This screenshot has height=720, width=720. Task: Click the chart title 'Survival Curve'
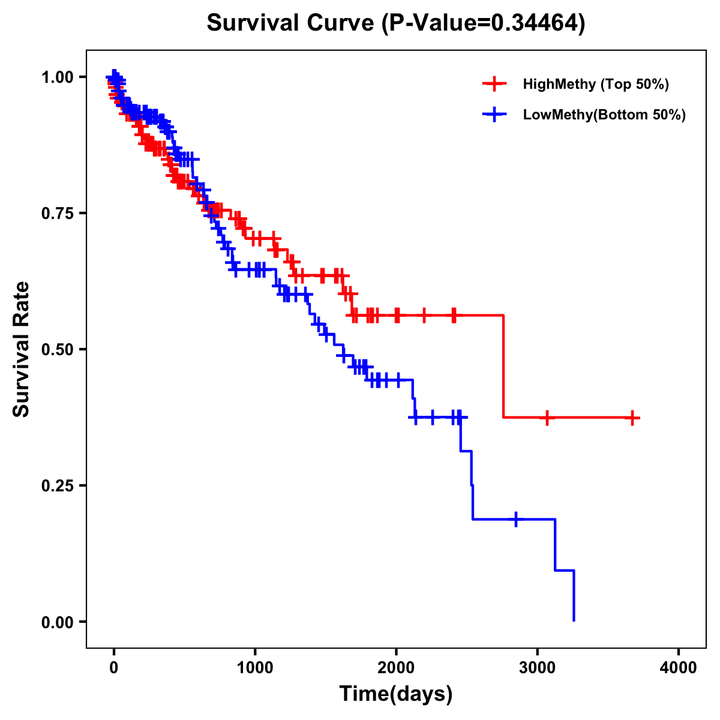pos(292,23)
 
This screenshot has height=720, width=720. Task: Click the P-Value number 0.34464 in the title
pos(535,23)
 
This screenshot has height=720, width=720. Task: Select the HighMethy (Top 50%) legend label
pos(595,84)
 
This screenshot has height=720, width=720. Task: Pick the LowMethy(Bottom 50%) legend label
pos(604,115)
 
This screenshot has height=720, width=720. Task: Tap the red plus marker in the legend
pos(494,84)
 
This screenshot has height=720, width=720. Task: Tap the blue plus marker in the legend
pos(494,115)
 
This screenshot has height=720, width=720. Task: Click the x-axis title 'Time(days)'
pos(396,694)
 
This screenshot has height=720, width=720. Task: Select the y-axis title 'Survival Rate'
pos(22,349)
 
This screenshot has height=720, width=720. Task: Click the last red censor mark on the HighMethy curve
pos(632,418)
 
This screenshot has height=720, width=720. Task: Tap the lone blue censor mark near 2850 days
pos(516,519)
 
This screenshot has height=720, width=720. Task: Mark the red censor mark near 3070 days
pos(547,418)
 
